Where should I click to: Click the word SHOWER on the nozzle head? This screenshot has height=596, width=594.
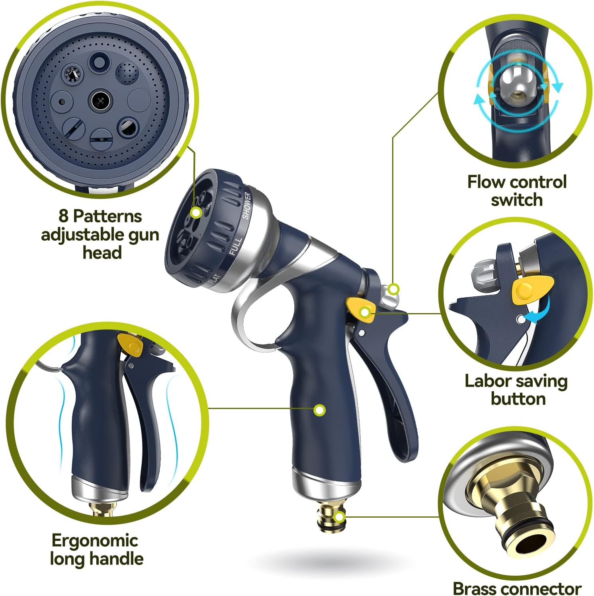[247, 205]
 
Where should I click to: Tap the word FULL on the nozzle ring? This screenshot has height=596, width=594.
[235, 246]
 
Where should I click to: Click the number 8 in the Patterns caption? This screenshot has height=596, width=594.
[63, 216]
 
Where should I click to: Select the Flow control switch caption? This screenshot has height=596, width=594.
[516, 191]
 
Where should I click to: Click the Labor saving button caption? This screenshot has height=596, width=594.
[516, 390]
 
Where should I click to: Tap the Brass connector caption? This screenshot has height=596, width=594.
[517, 588]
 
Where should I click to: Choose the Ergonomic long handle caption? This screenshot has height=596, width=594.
[96, 549]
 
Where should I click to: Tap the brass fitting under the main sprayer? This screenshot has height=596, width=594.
[330, 517]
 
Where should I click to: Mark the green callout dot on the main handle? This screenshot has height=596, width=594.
[319, 410]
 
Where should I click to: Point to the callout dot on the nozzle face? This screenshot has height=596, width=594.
[195, 212]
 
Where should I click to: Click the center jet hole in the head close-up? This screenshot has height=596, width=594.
[100, 101]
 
